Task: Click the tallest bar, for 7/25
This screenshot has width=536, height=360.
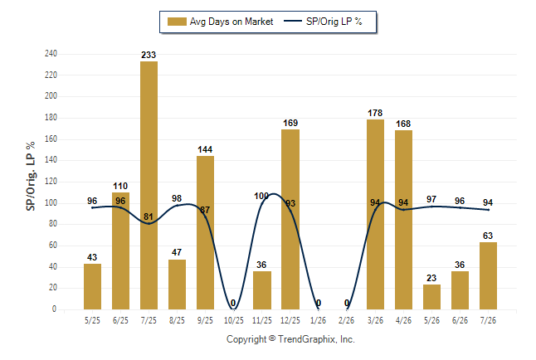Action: [149, 185]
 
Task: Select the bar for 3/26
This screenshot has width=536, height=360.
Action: [375, 214]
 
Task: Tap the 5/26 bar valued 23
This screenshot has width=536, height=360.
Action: [431, 297]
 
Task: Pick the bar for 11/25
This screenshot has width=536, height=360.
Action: [262, 290]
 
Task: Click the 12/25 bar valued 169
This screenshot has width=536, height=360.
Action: [290, 220]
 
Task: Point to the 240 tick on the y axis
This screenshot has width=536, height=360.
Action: [51, 54]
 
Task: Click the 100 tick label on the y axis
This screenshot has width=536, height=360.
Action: [51, 202]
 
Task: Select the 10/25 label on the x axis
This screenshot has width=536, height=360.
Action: [234, 320]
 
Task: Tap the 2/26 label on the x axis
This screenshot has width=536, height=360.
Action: [346, 320]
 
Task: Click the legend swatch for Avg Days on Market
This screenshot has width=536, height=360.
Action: [177, 22]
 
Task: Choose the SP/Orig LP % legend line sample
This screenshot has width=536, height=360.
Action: [293, 22]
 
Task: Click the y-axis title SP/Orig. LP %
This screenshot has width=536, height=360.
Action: [31, 176]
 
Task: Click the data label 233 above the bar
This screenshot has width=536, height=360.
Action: [149, 55]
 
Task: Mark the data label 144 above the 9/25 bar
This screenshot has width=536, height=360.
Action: [205, 150]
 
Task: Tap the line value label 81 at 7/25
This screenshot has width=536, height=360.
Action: [149, 216]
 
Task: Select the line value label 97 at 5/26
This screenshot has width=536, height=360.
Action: [431, 199]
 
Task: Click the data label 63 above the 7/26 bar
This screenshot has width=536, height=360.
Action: [488, 236]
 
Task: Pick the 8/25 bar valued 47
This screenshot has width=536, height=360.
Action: [177, 285]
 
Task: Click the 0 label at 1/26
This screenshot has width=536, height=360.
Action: [319, 303]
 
